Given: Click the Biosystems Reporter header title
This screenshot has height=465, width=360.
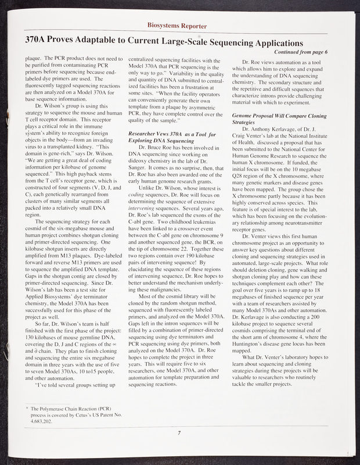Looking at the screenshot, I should [179, 26].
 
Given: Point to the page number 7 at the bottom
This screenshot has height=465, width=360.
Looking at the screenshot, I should [180, 432].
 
